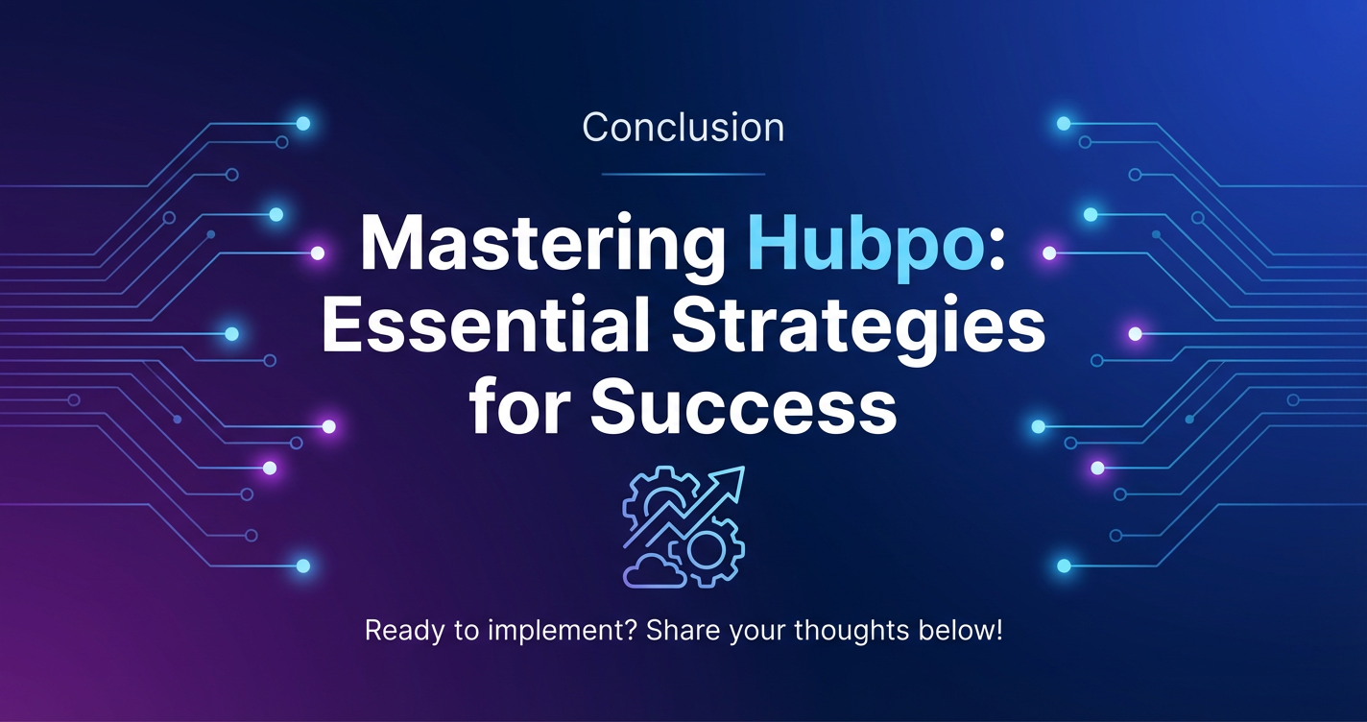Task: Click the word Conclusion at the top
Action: point(683,127)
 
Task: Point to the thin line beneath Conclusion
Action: point(683,174)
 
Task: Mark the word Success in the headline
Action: point(743,406)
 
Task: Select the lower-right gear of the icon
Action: point(707,551)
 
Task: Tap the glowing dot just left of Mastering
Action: point(318,253)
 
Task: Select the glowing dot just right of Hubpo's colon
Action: point(1049,253)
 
